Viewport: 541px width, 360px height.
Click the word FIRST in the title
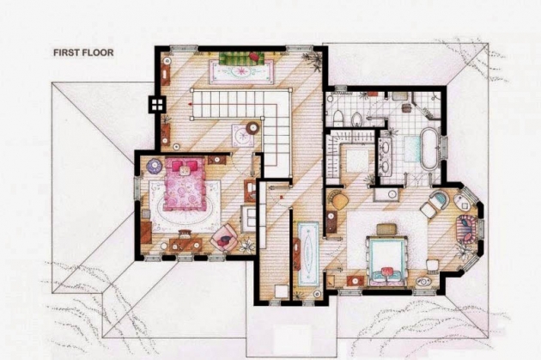click(65, 52)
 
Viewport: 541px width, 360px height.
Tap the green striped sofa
click(241, 58)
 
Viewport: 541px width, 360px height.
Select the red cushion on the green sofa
click(254, 56)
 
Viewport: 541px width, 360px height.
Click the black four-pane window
click(156, 104)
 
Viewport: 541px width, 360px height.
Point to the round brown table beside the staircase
click(253, 128)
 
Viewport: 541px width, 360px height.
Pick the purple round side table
click(154, 166)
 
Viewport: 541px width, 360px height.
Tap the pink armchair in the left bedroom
click(225, 237)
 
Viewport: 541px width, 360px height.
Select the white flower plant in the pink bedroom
click(247, 245)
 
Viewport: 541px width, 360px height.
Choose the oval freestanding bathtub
click(429, 149)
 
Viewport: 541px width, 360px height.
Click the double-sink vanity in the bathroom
click(386, 156)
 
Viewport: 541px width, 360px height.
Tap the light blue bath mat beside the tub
click(412, 149)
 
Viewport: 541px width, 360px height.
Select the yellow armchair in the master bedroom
click(338, 199)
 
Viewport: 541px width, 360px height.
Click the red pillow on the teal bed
click(387, 272)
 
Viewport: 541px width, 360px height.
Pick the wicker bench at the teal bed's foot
click(386, 229)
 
